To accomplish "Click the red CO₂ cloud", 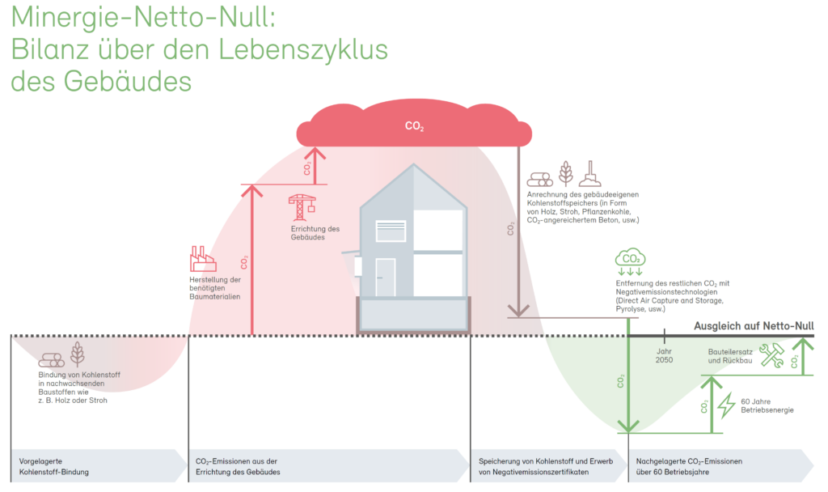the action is [x=414, y=124].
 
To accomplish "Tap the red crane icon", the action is [x=302, y=207].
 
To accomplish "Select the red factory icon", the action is [x=203, y=258].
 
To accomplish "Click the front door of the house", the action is [x=386, y=277].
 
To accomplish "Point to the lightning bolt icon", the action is [x=727, y=405].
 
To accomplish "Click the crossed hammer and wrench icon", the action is [x=771, y=355].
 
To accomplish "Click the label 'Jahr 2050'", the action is [x=665, y=356].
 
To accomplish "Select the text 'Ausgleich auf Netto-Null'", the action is [x=754, y=325].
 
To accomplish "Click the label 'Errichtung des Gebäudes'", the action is [x=315, y=233].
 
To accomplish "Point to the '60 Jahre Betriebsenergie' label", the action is [x=767, y=406].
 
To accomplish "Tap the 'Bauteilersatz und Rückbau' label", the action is [x=730, y=356].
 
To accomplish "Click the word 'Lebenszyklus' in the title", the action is [x=303, y=49].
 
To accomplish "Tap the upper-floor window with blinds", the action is [x=391, y=231].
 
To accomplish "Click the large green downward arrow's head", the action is [x=628, y=426].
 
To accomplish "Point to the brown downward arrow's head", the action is [x=518, y=310].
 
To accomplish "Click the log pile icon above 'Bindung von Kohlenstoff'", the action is [x=51, y=360].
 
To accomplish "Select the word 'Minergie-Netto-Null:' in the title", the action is [x=143, y=17].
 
